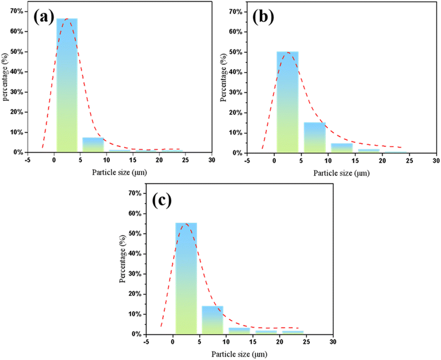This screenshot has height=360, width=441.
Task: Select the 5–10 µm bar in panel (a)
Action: (x=93, y=145)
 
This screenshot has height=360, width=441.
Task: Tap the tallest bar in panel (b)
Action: (x=287, y=102)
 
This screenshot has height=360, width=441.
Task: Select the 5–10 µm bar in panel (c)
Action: (x=212, y=320)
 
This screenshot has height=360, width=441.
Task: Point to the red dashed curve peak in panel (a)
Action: (x=66, y=19)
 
